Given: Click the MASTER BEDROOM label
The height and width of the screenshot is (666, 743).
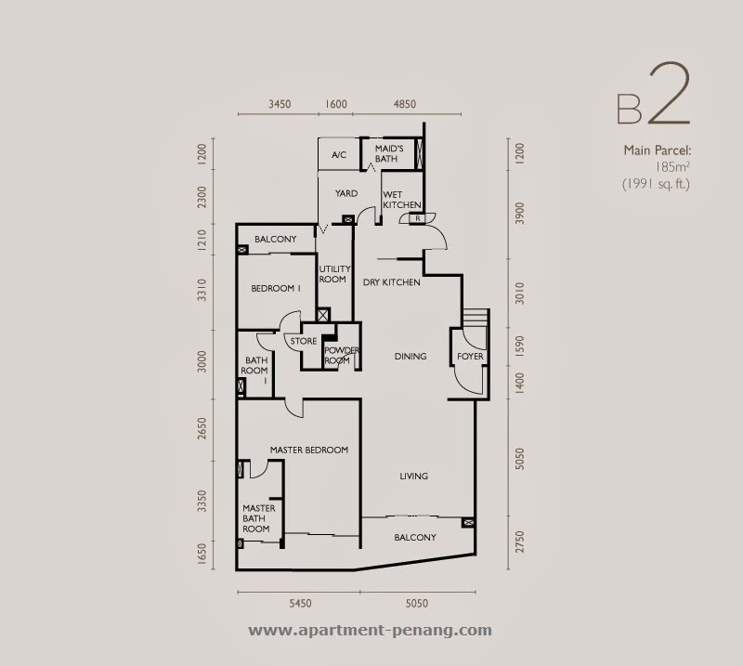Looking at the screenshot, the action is tap(309, 450).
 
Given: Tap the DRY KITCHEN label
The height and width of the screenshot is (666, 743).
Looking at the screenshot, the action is tap(391, 282).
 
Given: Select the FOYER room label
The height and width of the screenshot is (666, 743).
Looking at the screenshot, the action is tap(470, 356).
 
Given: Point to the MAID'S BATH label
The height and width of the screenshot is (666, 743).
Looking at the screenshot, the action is tap(389, 153).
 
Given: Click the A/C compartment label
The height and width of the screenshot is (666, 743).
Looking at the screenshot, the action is tap(339, 154).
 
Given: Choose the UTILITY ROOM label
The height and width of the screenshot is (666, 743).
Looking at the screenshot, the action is tap(334, 274).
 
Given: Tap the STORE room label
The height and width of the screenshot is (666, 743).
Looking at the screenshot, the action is tap(304, 341).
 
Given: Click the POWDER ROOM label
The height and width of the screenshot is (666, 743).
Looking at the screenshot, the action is tap(342, 355).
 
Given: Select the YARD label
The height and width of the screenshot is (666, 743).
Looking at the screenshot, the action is tap(346, 193).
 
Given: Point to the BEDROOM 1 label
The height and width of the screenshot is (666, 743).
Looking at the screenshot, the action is tap(276, 288).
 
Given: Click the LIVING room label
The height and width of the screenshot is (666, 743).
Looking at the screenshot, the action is tap(413, 476).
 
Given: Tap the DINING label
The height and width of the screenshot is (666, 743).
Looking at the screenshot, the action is tap(411, 356).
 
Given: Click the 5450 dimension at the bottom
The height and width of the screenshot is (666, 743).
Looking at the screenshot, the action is tap(300, 604).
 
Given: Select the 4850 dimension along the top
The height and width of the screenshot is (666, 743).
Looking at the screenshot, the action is tap(405, 104).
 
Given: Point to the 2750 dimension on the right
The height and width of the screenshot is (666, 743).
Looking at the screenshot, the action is tap(520, 542).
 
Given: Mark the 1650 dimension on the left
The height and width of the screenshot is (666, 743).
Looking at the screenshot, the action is tap(202, 554).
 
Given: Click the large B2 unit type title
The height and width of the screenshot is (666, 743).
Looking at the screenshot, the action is tap(654, 94).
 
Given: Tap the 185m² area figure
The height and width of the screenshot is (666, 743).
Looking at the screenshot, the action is tap(672, 167).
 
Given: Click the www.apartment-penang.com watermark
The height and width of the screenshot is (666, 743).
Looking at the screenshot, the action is tap(370, 631).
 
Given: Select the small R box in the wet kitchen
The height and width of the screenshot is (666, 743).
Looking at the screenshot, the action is tap(418, 218).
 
